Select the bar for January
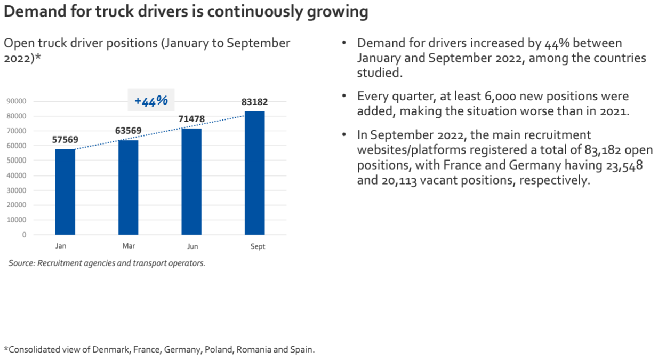(65, 192)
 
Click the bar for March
(129, 187)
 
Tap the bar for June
(191, 182)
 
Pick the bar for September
(255, 173)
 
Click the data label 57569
(65, 140)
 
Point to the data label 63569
(129, 131)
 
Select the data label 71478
(191, 119)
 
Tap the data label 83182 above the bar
(255, 102)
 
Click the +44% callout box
(151, 100)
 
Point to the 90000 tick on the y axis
(17, 101)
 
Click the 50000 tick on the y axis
(17, 161)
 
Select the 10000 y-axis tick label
(17, 220)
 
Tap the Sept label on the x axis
(258, 246)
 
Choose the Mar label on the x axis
(129, 246)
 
